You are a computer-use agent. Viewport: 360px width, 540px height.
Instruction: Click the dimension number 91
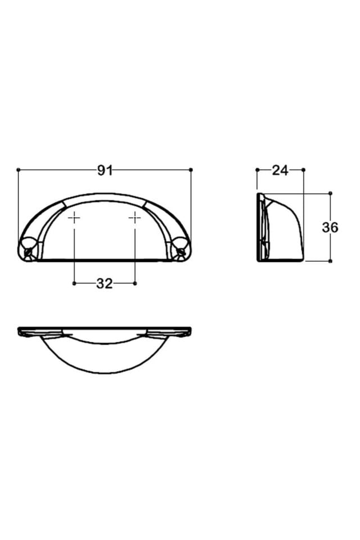pyautogui.click(x=105, y=170)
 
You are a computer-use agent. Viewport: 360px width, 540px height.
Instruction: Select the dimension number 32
pyautogui.click(x=105, y=283)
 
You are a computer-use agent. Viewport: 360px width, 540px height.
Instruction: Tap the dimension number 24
pyautogui.click(x=280, y=170)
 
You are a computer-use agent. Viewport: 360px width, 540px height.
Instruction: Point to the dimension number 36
pyautogui.click(x=330, y=227)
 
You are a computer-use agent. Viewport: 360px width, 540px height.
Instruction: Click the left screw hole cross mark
pyautogui.click(x=74, y=218)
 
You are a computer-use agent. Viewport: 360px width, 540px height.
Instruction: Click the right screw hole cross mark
pyautogui.click(x=135, y=218)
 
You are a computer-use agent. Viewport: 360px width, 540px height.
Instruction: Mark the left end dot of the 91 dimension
pyautogui.click(x=19, y=169)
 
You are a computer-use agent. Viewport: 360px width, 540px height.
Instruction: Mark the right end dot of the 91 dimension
pyautogui.click(x=191, y=169)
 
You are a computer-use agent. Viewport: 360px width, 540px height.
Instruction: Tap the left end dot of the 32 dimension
pyautogui.click(x=74, y=283)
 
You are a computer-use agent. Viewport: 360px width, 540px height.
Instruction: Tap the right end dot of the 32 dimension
pyautogui.click(x=135, y=283)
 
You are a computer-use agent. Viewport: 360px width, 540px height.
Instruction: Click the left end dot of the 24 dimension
pyautogui.click(x=257, y=169)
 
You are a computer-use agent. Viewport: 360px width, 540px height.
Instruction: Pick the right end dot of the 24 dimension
pyautogui.click(x=304, y=169)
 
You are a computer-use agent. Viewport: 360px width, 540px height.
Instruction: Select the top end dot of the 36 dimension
pyautogui.click(x=330, y=193)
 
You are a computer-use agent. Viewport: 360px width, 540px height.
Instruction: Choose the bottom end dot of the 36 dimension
pyautogui.click(x=330, y=261)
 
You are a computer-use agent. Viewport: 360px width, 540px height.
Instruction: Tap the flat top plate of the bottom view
pyautogui.click(x=105, y=328)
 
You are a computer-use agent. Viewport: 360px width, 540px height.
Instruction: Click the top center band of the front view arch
pyautogui.click(x=105, y=198)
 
